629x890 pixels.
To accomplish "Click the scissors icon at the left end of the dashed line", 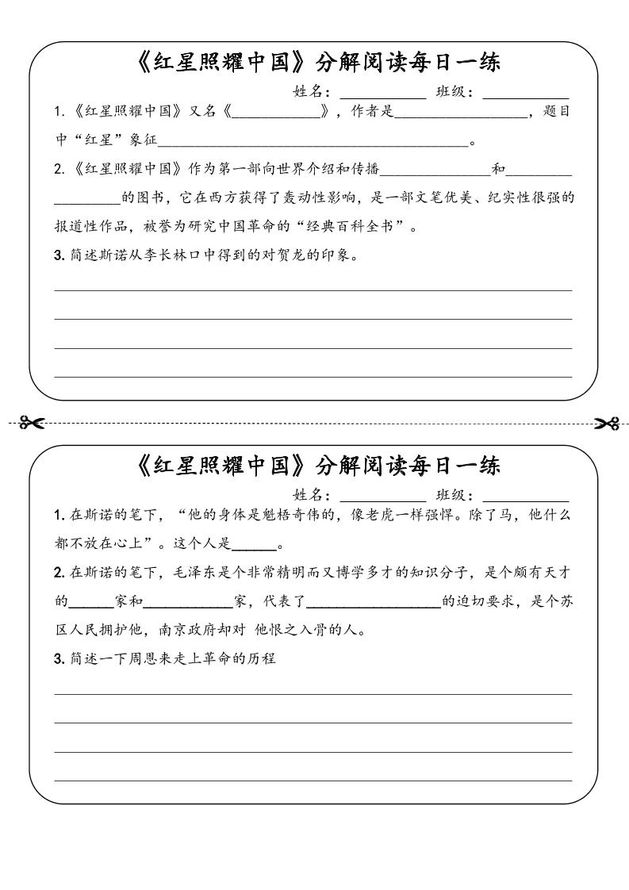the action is coord(32,423).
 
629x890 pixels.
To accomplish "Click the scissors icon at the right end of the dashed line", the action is coord(607,423).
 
